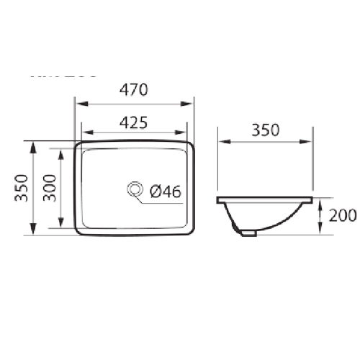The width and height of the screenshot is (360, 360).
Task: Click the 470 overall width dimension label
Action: [134, 90]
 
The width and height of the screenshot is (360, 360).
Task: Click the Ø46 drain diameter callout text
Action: [165, 191]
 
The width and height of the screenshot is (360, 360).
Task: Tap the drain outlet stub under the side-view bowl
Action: [248, 233]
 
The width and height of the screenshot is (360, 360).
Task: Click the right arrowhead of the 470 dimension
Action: [191, 104]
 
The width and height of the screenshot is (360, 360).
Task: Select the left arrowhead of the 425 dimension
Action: [85, 132]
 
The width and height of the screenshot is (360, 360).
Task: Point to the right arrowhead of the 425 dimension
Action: [184, 132]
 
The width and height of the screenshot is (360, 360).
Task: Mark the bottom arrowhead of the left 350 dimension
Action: [33, 232]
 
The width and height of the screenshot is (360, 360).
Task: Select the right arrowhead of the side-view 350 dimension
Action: [309, 143]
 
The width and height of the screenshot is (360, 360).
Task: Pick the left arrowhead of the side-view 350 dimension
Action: [221, 143]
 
